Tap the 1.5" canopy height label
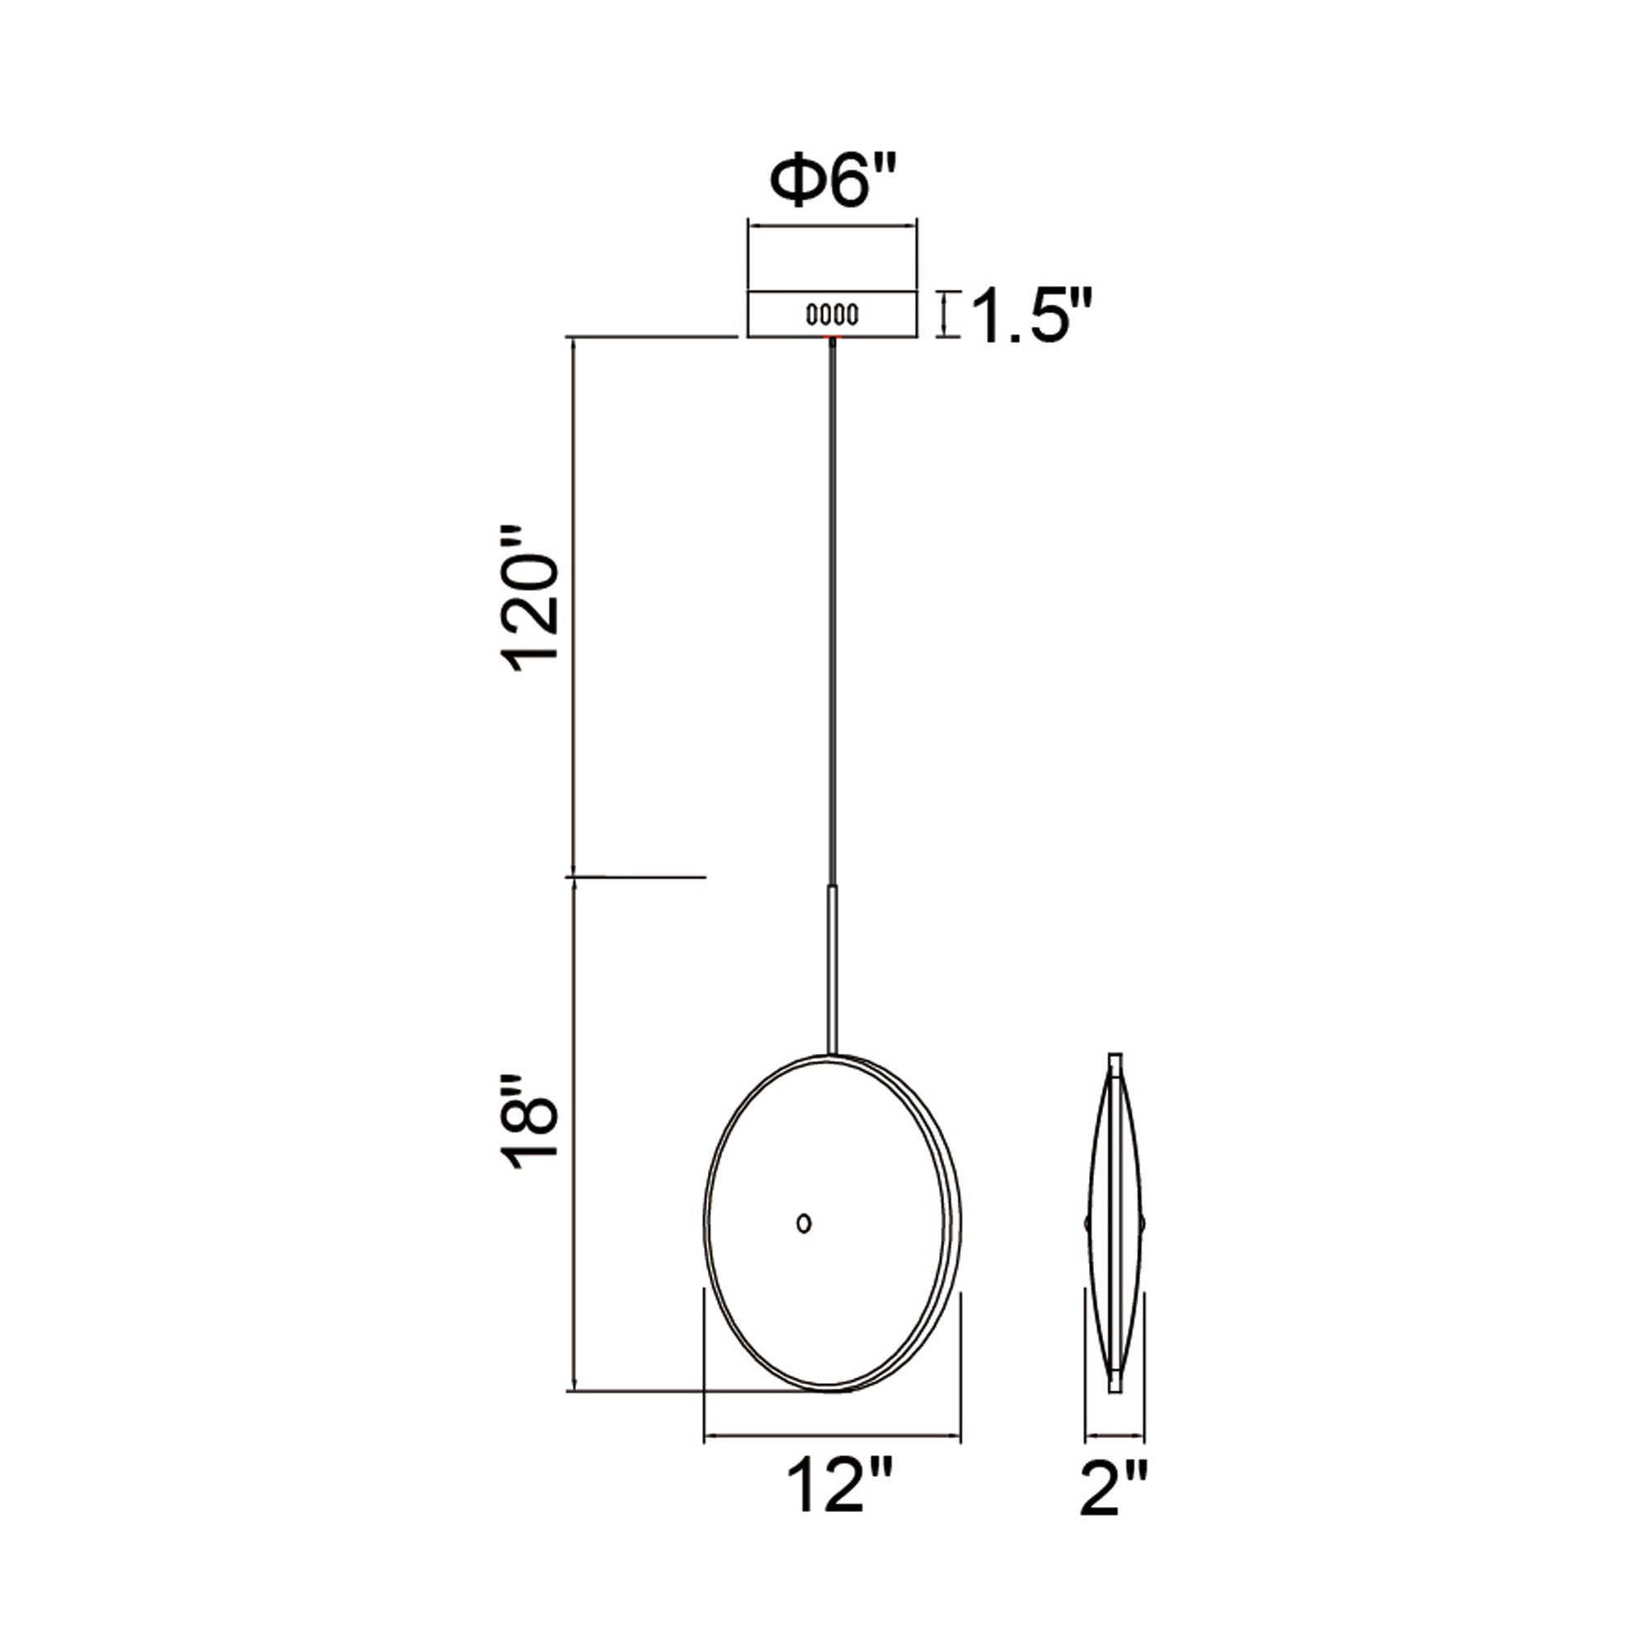point(1031,316)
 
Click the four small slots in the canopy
point(831,315)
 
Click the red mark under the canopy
point(831,338)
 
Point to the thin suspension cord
point(833,611)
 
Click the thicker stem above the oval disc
point(833,967)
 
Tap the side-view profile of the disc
point(1115,1222)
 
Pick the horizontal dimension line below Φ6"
point(831,225)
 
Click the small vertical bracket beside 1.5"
point(947,315)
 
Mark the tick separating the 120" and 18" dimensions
point(636,876)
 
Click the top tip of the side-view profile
point(1115,1058)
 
